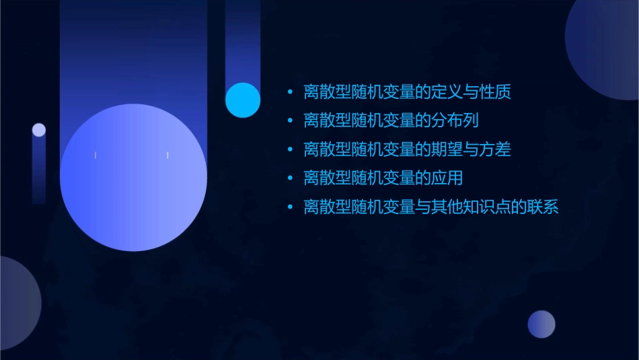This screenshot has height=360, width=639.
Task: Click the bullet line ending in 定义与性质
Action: [x=407, y=92]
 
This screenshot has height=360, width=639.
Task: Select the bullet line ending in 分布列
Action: [x=391, y=120]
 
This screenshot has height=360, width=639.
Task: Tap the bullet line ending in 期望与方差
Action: [x=407, y=149]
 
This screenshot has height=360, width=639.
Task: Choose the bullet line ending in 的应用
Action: [x=383, y=178]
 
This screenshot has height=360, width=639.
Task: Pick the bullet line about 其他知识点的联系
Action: [x=431, y=207]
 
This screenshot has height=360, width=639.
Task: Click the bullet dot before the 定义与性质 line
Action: [x=290, y=92]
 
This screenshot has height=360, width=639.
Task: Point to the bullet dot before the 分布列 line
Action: [x=290, y=121]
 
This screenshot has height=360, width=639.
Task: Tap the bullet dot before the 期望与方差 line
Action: [x=290, y=150]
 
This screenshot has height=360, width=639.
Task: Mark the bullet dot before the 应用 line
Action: [x=290, y=179]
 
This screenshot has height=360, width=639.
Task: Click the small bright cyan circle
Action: [x=243, y=100]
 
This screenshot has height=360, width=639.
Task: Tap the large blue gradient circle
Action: [x=133, y=178]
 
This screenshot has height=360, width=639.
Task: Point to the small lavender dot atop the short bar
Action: [x=39, y=130]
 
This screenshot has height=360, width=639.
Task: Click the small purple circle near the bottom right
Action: [x=541, y=324]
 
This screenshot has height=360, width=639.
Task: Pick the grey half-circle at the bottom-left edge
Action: [x=17, y=303]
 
